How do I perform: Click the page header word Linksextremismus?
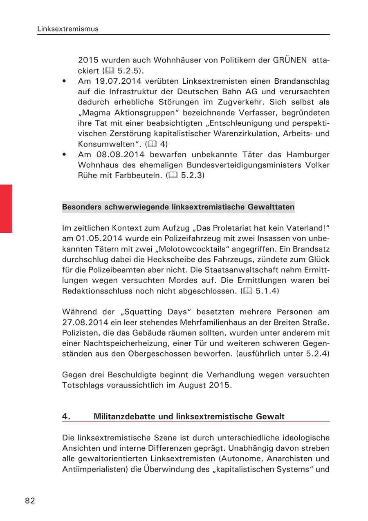click(67, 29)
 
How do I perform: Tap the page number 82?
click(30, 501)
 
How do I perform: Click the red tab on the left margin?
click(6, 208)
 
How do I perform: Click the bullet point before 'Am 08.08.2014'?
click(65, 155)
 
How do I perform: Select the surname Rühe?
click(88, 176)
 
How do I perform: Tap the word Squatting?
click(135, 312)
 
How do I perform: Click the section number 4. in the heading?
click(66, 416)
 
